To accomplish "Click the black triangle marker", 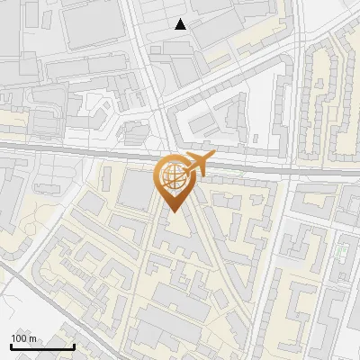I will (x=181, y=24).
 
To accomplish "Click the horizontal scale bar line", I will (x=42, y=346).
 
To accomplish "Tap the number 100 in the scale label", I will (x=19, y=339).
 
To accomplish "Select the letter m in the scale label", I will (x=32, y=339).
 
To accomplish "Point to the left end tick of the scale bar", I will (x=11, y=345).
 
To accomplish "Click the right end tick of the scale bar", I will (x=74, y=345).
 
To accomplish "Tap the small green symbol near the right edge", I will (x=342, y=251).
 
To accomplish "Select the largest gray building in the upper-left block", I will (x=99, y=22).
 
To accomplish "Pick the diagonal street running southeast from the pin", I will (x=220, y=261).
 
